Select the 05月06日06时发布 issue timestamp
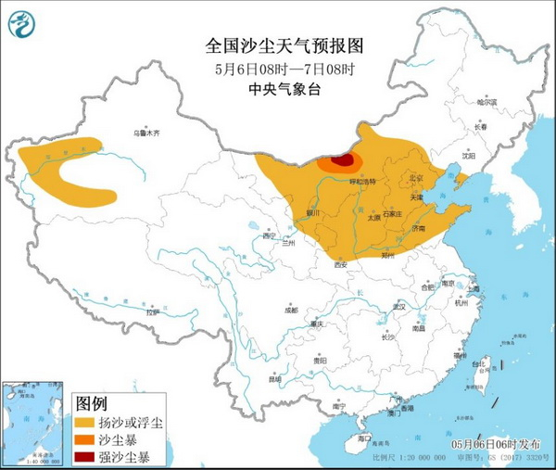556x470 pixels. click(x=498, y=444)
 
